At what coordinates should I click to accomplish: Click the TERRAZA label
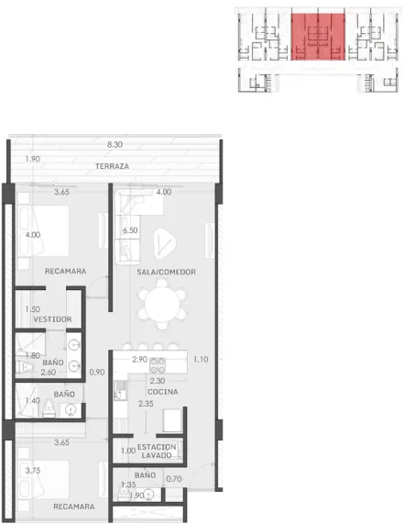(112, 166)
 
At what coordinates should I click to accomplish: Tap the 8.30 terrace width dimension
(115, 145)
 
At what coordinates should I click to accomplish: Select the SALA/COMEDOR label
(166, 272)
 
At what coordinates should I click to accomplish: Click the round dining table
(162, 304)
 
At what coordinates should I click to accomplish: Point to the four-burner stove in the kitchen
(158, 365)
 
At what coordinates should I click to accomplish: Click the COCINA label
(163, 392)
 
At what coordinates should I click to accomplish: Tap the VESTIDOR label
(53, 319)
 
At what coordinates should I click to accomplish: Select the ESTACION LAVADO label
(157, 452)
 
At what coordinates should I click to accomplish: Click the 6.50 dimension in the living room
(130, 230)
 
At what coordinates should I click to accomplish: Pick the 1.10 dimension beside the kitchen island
(201, 359)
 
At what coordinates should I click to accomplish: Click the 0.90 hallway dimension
(97, 372)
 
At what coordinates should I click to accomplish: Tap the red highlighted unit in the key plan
(318, 37)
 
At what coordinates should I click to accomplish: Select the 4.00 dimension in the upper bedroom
(33, 235)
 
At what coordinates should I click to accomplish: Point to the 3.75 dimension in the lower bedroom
(33, 471)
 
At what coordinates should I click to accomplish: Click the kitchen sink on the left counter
(120, 390)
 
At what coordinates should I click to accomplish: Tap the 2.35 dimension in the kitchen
(147, 404)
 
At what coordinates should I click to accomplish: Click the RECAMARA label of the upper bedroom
(66, 271)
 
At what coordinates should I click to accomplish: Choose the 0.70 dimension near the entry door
(174, 479)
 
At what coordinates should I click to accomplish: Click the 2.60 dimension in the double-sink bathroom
(49, 373)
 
